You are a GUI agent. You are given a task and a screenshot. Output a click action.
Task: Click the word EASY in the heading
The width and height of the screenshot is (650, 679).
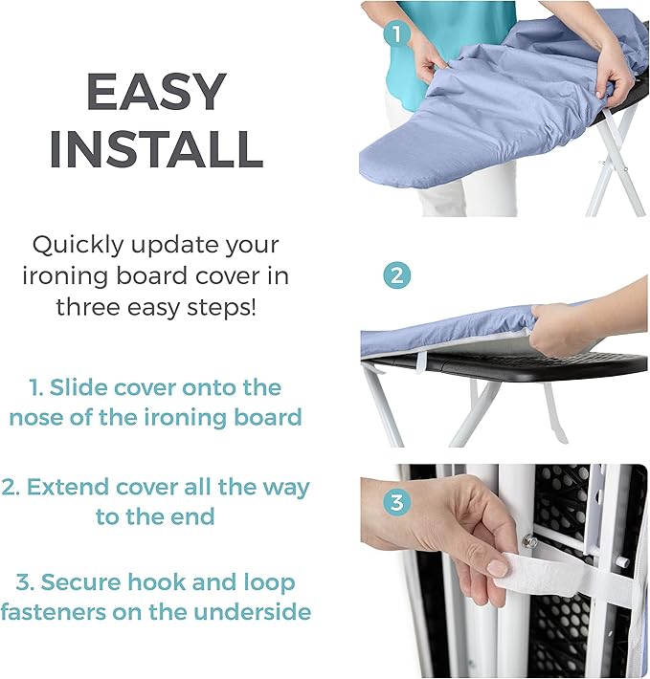[156, 93]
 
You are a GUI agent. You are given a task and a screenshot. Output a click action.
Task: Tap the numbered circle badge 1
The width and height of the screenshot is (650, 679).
[397, 35]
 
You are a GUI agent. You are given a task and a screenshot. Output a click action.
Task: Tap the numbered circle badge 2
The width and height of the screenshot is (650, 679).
[397, 276]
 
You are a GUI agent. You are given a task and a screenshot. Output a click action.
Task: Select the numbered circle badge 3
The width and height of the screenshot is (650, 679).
[397, 502]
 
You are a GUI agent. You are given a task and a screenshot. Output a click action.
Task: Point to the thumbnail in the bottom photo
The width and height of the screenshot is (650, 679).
[498, 567]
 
